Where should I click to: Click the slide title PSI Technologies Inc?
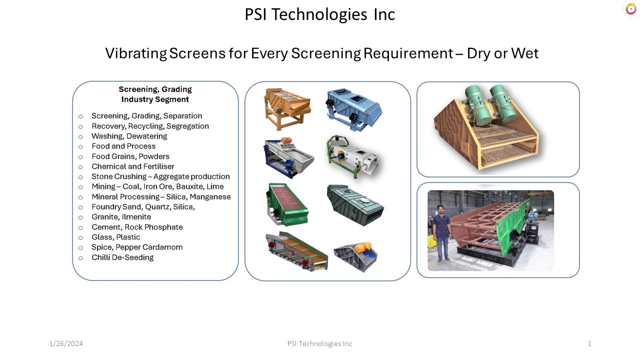pyautogui.click(x=319, y=14)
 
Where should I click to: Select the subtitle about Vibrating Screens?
pyautogui.click(x=321, y=53)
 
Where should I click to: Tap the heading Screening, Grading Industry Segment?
pyautogui.click(x=155, y=94)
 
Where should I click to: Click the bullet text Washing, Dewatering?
pyautogui.click(x=129, y=136)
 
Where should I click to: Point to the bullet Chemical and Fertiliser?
pyautogui.click(x=132, y=166)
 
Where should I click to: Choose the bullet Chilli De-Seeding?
pyautogui.click(x=122, y=257)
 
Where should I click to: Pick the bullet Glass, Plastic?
pyautogui.click(x=115, y=237)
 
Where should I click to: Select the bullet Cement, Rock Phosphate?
pyautogui.click(x=136, y=227)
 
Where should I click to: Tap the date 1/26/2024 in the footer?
pyautogui.click(x=66, y=343)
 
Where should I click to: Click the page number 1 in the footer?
pyautogui.click(x=589, y=343)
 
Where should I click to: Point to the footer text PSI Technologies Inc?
pyautogui.click(x=319, y=343)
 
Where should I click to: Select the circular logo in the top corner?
pyautogui.click(x=631, y=9)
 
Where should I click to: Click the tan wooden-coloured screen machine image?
pyautogui.click(x=286, y=108)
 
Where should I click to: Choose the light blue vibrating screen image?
pyautogui.click(x=353, y=108)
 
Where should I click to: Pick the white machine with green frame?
pyautogui.click(x=352, y=156)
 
